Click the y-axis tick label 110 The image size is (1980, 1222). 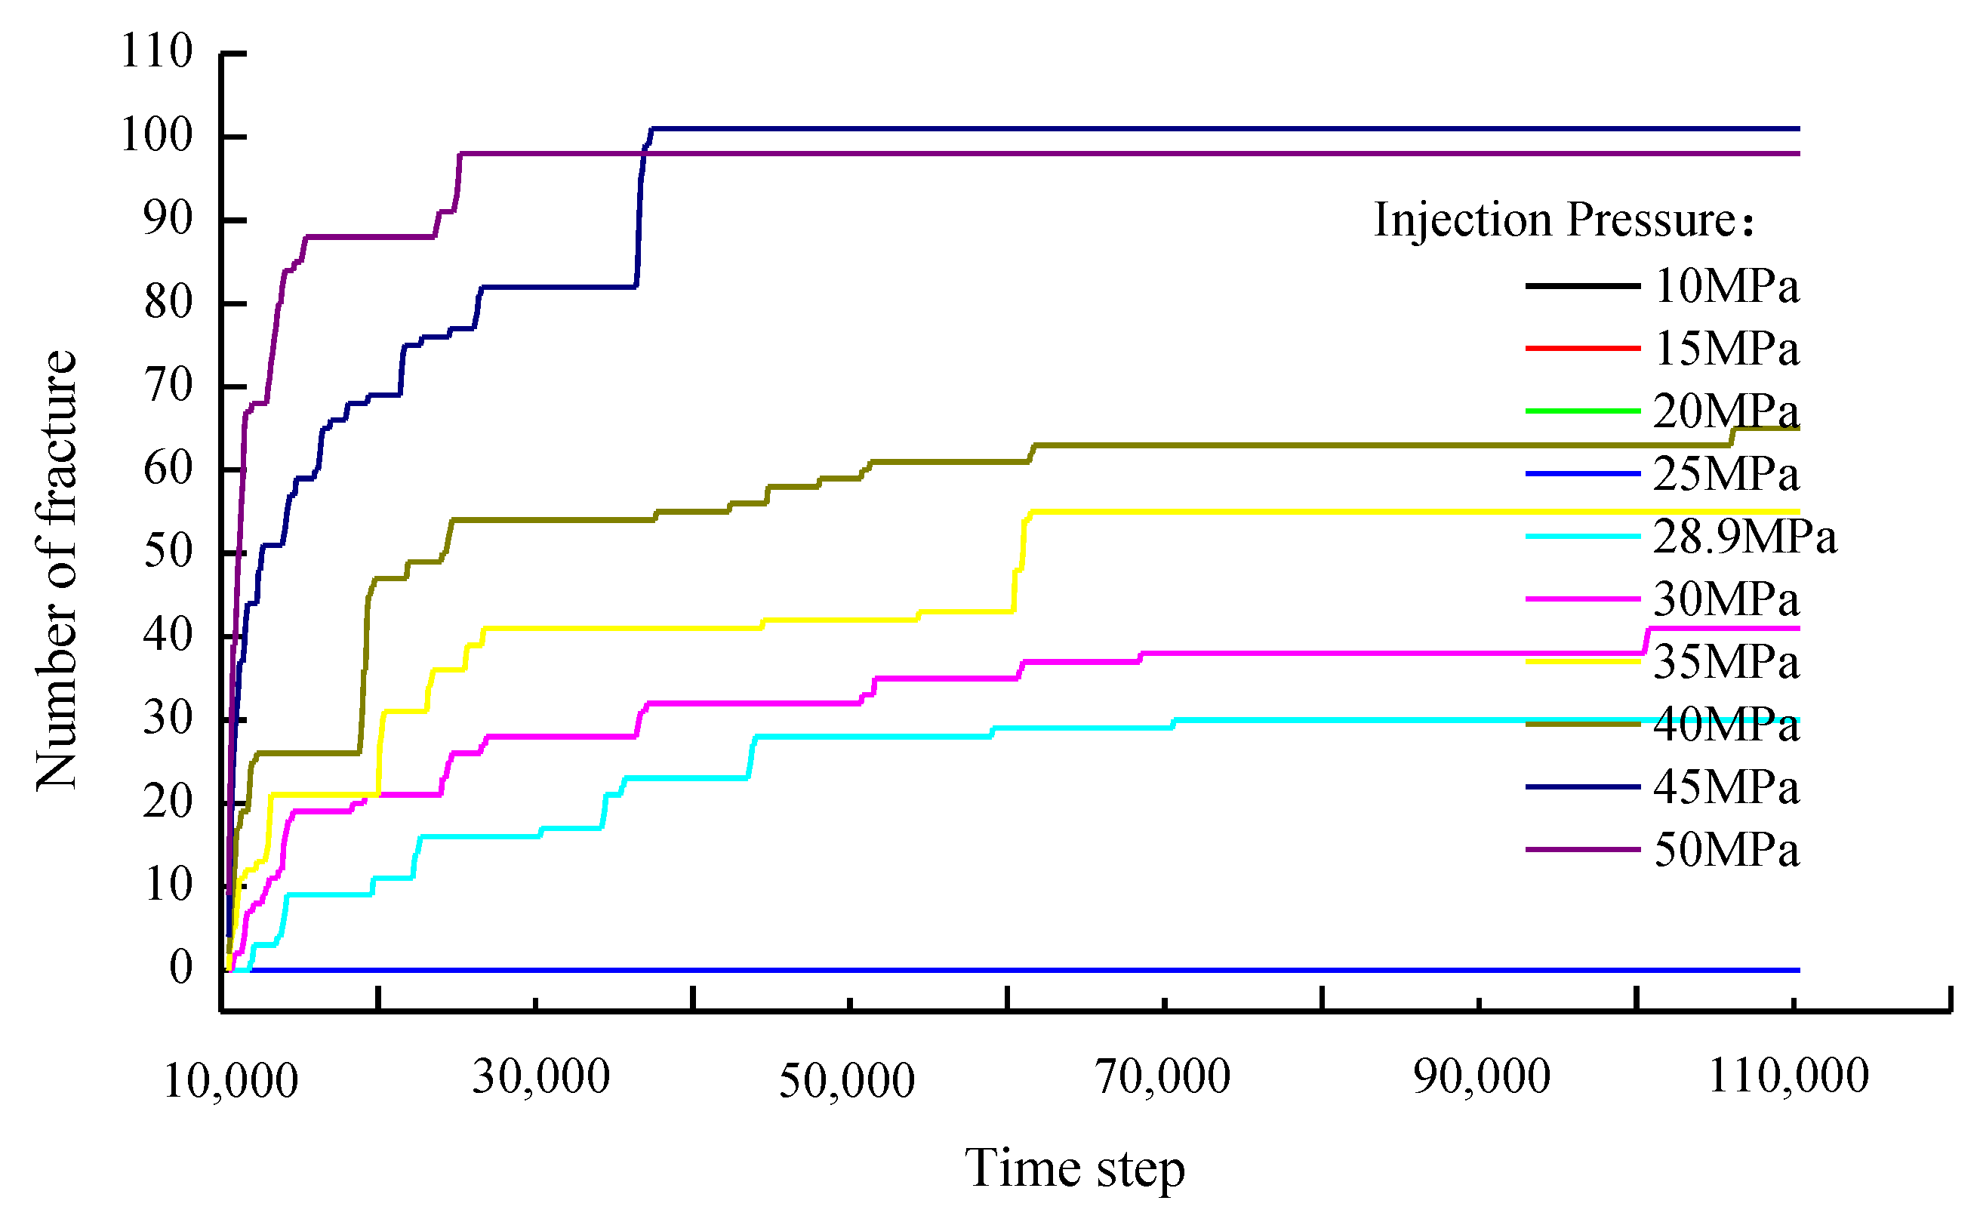pos(156,52)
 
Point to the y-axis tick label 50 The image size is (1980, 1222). pos(168,553)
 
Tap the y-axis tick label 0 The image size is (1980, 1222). pos(181,968)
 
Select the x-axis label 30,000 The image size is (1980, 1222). pos(540,1077)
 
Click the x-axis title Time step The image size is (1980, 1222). pos(1074,1168)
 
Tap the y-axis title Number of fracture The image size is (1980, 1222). pos(57,570)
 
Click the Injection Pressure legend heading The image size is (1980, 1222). pos(1563,220)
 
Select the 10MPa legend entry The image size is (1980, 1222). pos(1726,286)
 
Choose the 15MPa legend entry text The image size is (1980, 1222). pos(1726,349)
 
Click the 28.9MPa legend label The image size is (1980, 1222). pos(1744,537)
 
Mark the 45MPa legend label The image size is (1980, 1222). pos(1726,787)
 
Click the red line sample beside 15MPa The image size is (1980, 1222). pos(1582,349)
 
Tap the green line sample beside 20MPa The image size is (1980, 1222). pos(1582,411)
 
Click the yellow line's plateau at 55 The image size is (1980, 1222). pos(1374,512)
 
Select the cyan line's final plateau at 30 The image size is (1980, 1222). pos(1374,719)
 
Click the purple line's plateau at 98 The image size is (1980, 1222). pos(1051,153)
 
